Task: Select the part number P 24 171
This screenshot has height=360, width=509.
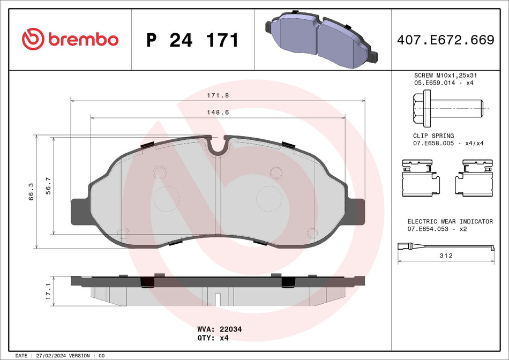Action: tap(192, 40)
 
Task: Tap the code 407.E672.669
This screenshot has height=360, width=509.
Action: tap(445, 40)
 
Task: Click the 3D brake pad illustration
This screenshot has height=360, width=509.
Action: tap(321, 40)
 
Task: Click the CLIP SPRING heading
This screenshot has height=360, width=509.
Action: tap(433, 136)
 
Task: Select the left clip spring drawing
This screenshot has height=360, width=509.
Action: tap(421, 178)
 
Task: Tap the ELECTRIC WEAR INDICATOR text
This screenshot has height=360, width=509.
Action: tap(450, 221)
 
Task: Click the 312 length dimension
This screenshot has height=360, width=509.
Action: tap(446, 256)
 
